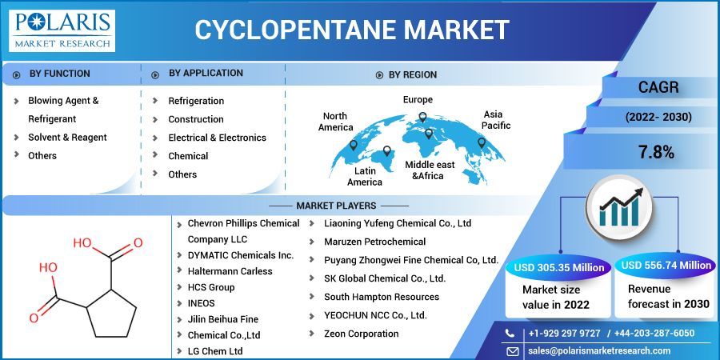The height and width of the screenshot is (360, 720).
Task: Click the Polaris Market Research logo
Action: pyautogui.click(x=63, y=30)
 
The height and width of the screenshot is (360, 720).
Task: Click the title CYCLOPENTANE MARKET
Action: pyautogui.click(x=352, y=30)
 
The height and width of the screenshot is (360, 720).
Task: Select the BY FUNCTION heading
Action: pyautogui.click(x=59, y=74)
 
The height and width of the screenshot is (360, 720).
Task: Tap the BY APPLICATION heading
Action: pyautogui.click(x=206, y=73)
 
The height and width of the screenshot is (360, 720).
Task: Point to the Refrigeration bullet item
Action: pyautogui.click(x=196, y=101)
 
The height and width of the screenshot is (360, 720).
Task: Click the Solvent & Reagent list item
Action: pyautogui.click(x=67, y=137)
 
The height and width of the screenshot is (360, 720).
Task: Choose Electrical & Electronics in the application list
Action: pyautogui.click(x=217, y=138)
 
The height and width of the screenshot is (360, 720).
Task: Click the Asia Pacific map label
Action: pyautogui.click(x=496, y=120)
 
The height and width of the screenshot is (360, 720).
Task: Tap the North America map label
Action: pyautogui.click(x=335, y=122)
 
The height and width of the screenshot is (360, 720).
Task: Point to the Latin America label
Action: pyautogui.click(x=365, y=176)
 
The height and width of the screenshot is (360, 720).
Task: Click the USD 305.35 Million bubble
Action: pyautogui.click(x=559, y=266)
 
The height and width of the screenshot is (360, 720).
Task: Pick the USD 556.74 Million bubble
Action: pyautogui.click(x=666, y=266)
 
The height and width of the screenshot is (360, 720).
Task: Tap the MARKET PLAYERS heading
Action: pyautogui.click(x=336, y=206)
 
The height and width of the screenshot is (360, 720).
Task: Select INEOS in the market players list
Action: pyautogui.click(x=202, y=303)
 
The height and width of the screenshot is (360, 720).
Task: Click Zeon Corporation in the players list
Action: pyautogui.click(x=361, y=334)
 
